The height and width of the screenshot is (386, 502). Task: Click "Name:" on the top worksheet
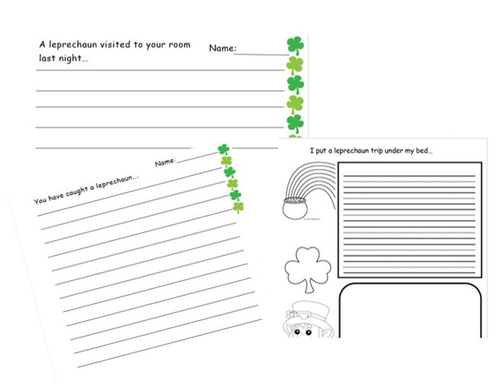tap(223, 48)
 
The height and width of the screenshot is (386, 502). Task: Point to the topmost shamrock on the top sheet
tap(295, 44)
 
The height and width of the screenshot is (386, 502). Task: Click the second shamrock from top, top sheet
tap(295, 64)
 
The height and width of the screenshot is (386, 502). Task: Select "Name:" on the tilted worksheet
tap(165, 162)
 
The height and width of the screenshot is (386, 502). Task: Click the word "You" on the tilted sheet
tap(40, 201)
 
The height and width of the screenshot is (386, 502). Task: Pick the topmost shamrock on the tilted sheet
tap(223, 149)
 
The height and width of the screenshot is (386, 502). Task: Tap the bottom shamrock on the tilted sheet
tap(238, 206)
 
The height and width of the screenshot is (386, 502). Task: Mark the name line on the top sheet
tap(260, 53)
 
